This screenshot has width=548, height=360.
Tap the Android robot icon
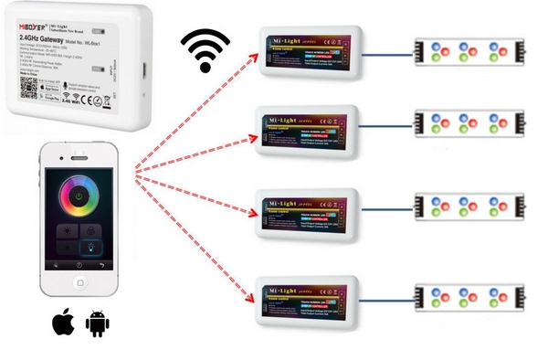pos(97,323)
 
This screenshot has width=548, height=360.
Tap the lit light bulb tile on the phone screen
pos(92,246)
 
